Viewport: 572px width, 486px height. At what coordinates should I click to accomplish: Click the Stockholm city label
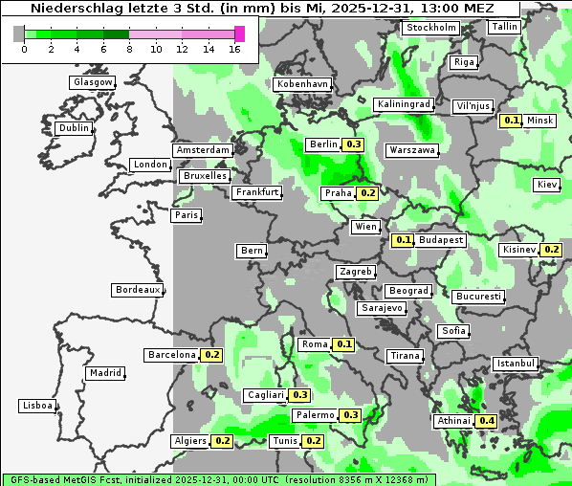point(429,28)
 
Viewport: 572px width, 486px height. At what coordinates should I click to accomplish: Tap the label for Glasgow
point(93,82)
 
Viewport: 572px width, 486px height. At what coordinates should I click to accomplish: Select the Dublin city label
point(74,128)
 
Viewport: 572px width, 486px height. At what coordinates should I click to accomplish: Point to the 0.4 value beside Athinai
point(487,421)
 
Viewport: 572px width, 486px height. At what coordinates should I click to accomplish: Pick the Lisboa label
point(36,406)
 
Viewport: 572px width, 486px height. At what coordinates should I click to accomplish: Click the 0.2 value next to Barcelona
point(212,355)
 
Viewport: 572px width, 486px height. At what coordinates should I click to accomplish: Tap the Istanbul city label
point(516,364)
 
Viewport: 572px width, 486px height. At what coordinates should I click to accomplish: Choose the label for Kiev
point(547,184)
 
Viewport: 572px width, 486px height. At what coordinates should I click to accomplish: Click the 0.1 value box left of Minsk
point(511,121)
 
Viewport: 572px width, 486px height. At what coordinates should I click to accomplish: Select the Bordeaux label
point(137,289)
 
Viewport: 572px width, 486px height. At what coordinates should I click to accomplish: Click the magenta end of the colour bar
point(240,33)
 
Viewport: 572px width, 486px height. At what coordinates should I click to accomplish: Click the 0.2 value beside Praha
point(367,193)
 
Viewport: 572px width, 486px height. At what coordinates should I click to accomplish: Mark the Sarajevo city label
point(382,308)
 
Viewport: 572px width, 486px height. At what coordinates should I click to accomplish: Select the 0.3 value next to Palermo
point(350,415)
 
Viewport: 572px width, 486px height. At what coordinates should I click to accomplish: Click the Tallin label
point(503,27)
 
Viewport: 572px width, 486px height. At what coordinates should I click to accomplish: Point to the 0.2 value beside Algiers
point(223,441)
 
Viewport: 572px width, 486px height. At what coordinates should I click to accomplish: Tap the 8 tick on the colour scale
point(129,49)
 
